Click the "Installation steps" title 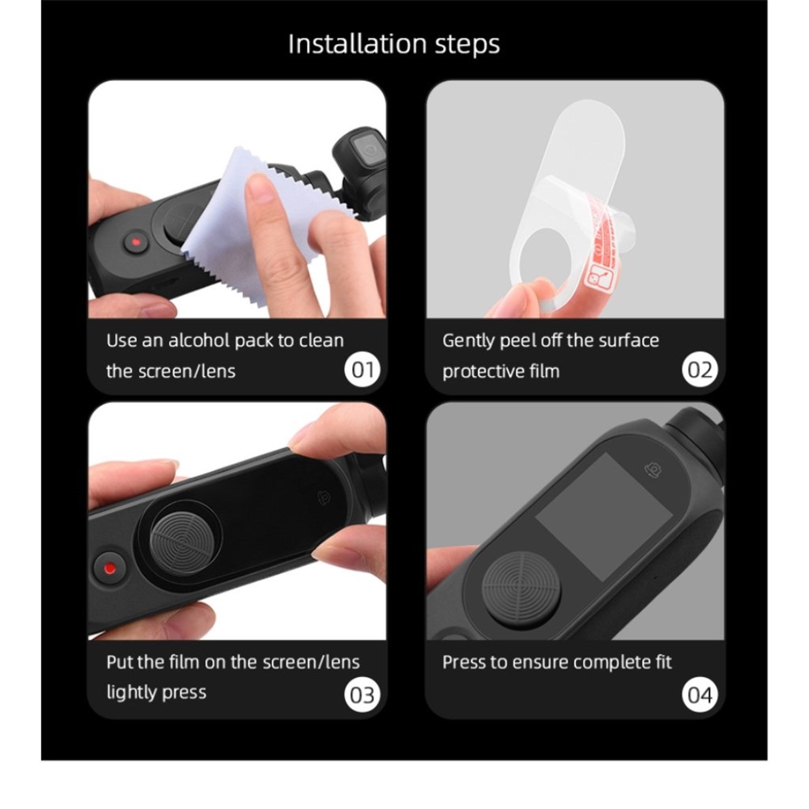394,43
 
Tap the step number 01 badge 363,370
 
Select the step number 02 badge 700,370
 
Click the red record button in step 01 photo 135,242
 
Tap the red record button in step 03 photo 110,568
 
